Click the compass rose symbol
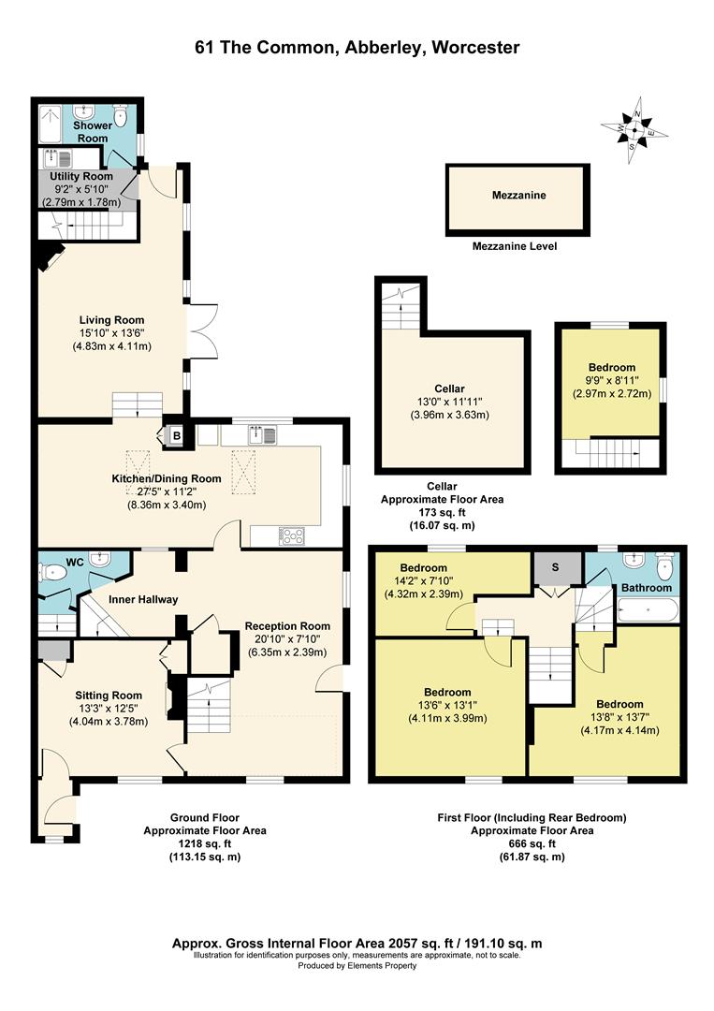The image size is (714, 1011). (634, 130)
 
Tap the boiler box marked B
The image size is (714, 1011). (176, 436)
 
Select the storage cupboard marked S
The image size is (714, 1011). (556, 568)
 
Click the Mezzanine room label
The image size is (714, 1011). (518, 195)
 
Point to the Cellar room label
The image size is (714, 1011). (449, 388)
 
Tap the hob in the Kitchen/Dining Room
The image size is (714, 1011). (293, 536)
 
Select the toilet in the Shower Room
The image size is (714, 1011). (121, 115)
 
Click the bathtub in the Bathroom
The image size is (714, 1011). (648, 610)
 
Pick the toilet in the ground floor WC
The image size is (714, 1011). (52, 571)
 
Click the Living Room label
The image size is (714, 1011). (111, 320)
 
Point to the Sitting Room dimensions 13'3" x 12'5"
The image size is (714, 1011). (109, 709)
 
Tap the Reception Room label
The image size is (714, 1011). (287, 626)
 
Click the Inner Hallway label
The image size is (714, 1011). (143, 600)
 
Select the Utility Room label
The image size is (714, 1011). (81, 176)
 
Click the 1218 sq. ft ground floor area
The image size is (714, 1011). (205, 844)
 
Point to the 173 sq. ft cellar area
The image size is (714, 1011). (442, 513)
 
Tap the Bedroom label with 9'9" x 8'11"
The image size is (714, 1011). (612, 368)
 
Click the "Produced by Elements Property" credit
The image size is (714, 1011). (357, 966)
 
